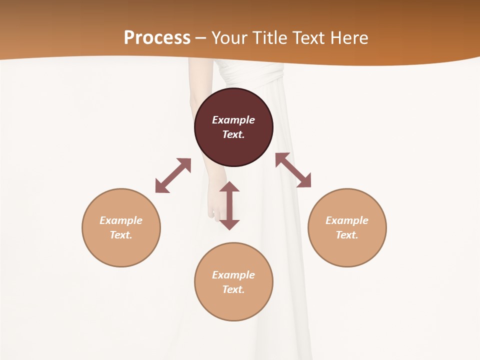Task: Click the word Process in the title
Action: [x=157, y=37]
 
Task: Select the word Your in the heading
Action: [x=229, y=37]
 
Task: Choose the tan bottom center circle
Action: [x=233, y=305]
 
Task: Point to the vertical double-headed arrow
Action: [x=229, y=205]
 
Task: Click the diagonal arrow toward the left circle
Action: [x=173, y=175]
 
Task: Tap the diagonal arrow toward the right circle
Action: [x=293, y=170]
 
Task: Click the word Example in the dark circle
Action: [x=233, y=120]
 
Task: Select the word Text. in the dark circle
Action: [x=233, y=134]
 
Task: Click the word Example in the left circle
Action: [x=121, y=220]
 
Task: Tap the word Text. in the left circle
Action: [x=121, y=235]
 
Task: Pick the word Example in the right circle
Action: [x=347, y=220]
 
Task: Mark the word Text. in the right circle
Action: [x=347, y=235]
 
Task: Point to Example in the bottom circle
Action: [x=233, y=275]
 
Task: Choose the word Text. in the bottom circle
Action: [x=233, y=289]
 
